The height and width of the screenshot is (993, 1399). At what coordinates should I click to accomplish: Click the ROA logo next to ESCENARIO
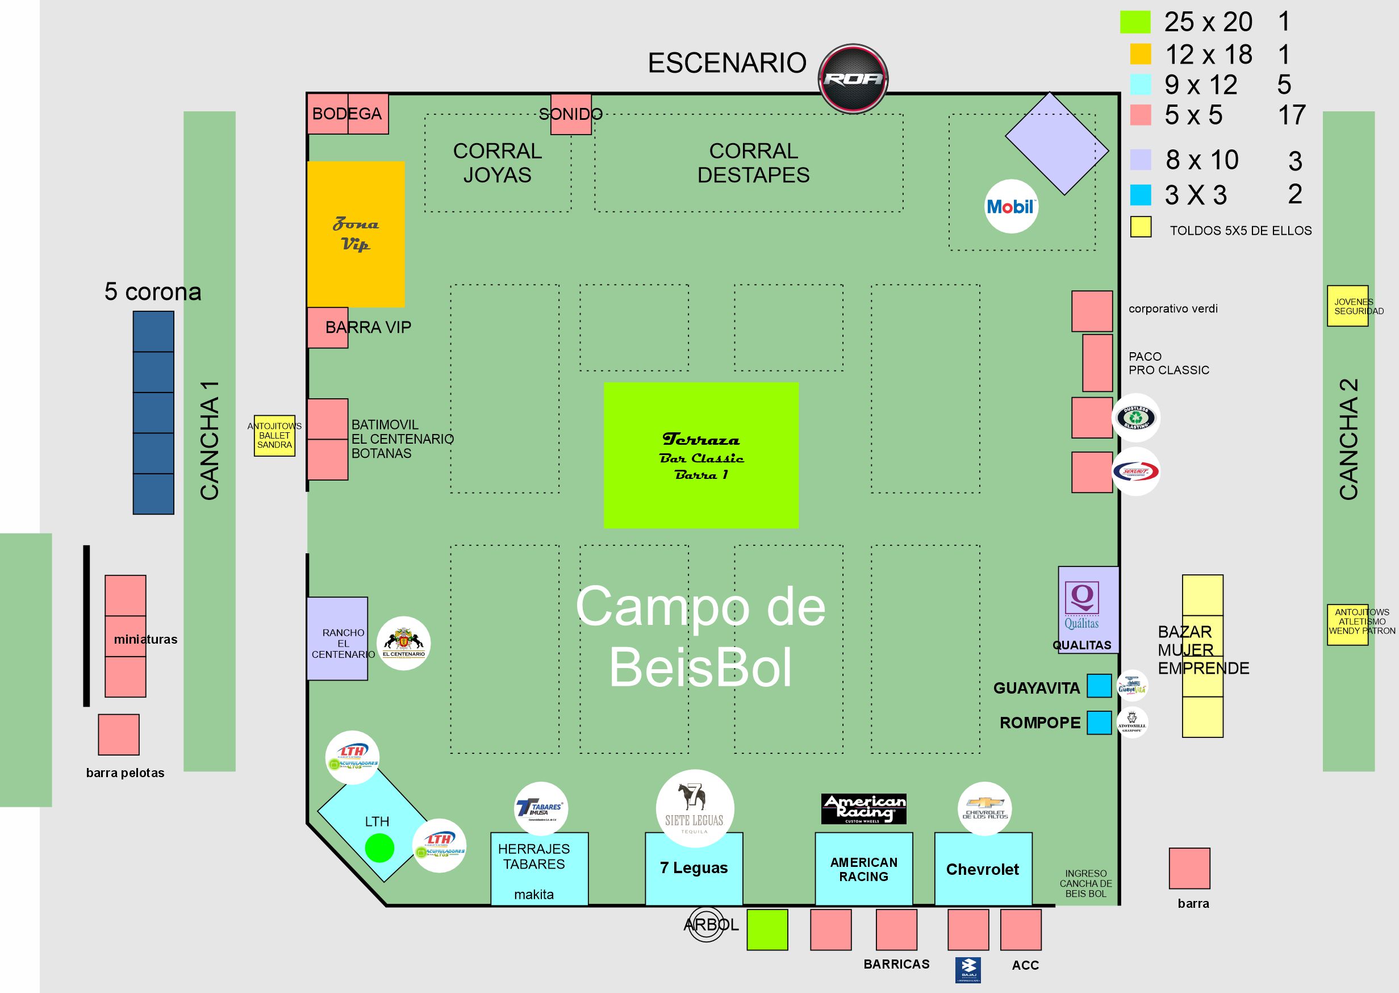pos(853,79)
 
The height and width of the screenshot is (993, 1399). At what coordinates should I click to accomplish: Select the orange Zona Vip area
pos(355,233)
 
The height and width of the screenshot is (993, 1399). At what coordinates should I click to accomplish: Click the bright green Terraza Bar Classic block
pos(701,455)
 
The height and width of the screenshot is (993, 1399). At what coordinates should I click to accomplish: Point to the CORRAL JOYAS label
pos(497,162)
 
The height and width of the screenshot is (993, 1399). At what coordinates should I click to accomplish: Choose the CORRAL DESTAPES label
pos(753,162)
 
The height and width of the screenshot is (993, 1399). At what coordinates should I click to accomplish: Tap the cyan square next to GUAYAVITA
pos(1099,686)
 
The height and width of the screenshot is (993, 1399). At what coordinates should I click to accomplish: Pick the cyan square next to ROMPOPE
pos(1099,722)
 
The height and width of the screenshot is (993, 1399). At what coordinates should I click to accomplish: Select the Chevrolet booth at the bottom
pos(983,869)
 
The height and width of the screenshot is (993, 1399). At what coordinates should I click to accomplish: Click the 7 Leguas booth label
pos(694,867)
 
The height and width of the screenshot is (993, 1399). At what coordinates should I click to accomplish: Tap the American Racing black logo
pos(863,809)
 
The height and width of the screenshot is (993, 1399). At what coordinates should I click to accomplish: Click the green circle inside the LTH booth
pos(379,848)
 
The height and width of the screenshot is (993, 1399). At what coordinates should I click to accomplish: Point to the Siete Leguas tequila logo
pos(694,808)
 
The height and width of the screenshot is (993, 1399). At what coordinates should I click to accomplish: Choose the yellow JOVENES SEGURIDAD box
pos(1347,306)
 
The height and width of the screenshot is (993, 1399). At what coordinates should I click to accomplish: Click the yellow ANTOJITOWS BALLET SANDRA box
pos(274,435)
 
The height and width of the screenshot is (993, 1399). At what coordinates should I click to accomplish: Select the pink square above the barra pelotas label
pos(119,735)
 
